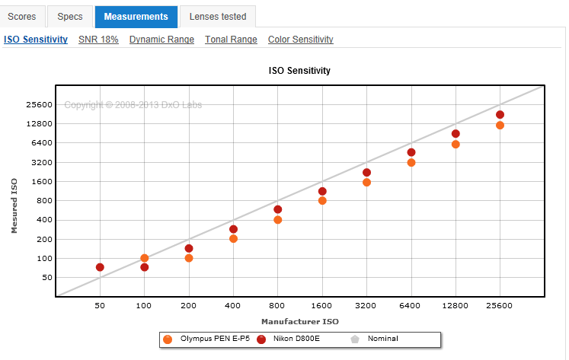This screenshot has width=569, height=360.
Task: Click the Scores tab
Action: (x=22, y=17)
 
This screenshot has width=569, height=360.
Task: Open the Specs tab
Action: (x=70, y=17)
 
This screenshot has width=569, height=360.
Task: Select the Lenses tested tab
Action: (x=218, y=17)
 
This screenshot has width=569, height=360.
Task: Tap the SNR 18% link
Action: (x=98, y=40)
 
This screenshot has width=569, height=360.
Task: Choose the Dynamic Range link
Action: (x=161, y=40)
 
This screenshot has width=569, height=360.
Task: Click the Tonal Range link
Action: (x=231, y=40)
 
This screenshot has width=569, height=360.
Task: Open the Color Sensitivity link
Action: (x=301, y=40)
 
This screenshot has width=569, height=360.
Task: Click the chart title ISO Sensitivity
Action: (x=299, y=70)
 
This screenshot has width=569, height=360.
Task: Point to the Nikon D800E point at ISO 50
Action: (x=100, y=267)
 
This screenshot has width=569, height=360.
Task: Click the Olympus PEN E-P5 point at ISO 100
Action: (x=145, y=258)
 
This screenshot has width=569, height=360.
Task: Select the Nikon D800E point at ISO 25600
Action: (x=500, y=115)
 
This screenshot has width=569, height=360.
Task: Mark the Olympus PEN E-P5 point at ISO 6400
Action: (x=411, y=162)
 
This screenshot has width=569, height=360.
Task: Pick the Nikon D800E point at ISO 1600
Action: (x=322, y=191)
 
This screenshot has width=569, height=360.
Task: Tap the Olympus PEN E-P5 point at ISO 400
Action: (x=233, y=238)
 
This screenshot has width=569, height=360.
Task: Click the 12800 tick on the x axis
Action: (x=455, y=306)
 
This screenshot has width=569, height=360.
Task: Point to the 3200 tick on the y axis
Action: (x=42, y=162)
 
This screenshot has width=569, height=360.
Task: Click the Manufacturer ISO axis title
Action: (x=300, y=322)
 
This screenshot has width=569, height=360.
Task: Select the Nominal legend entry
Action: (x=375, y=339)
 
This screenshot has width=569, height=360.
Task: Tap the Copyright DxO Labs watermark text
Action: (x=133, y=105)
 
